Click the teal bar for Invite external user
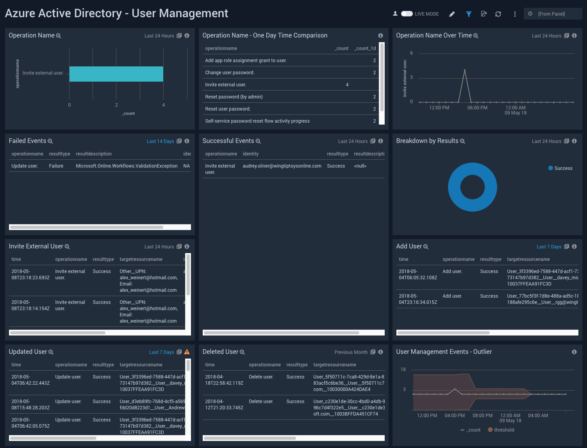(116, 74)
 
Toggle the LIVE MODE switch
(407, 14)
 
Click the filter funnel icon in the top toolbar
(469, 14)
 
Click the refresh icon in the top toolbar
(498, 14)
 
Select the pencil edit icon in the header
(452, 14)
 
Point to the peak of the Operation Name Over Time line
(464, 70)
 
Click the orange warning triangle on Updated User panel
(187, 352)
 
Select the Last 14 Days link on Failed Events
(160, 141)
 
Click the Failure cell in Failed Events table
(56, 166)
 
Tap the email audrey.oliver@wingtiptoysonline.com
(282, 166)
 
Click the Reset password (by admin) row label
(234, 97)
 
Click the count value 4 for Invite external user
(347, 85)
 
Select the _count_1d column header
(365, 48)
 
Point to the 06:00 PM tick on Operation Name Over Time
(477, 108)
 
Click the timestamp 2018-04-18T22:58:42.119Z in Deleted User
(224, 380)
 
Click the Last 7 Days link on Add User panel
(549, 247)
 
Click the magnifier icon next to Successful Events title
(258, 141)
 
